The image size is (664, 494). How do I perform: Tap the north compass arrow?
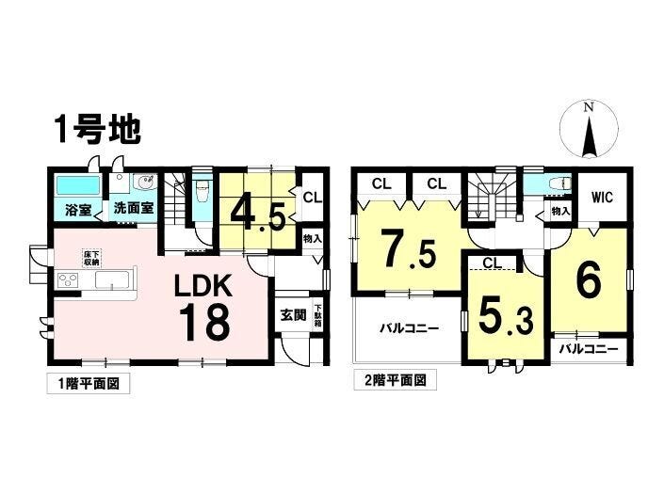589,137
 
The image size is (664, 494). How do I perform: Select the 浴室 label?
78,209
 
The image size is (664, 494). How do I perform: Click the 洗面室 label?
134,208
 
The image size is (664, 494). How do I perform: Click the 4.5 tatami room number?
257,215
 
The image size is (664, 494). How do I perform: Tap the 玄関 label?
294,314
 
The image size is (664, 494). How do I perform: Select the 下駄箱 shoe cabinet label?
317,315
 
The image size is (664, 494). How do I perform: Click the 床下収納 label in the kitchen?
91,258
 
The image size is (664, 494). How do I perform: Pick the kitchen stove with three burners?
68,280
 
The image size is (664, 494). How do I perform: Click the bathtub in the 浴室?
78,185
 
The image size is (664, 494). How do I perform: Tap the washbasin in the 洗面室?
145,184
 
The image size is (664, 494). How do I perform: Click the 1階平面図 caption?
89,384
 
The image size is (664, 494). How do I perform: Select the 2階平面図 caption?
395,380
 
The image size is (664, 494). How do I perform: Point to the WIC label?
602,198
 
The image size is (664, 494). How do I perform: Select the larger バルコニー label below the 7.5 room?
409,327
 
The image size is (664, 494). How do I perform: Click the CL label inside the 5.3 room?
492,263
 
